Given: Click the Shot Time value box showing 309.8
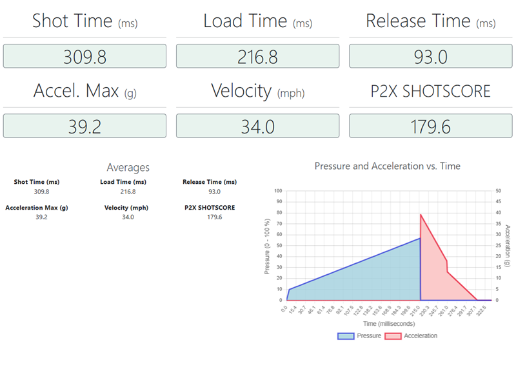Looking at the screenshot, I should point(84,56).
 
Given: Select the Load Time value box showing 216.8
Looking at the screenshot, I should point(257,56).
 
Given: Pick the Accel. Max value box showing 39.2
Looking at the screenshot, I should point(84,126).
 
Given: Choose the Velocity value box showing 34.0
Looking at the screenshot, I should point(257,126).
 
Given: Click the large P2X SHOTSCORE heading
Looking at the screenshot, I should point(430,91).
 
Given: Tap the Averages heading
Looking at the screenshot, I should point(128,168).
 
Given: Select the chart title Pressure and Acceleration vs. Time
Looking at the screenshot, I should point(387,166).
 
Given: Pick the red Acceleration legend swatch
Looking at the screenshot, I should point(393,336).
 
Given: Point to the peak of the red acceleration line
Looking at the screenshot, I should point(421,215).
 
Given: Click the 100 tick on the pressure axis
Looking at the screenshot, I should point(278,191).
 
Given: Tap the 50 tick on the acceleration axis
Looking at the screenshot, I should point(497,191).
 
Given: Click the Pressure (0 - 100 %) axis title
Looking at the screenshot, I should point(268,245).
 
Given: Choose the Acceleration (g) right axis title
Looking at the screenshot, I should point(508,245).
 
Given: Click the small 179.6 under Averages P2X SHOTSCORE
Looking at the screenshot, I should point(209,217).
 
